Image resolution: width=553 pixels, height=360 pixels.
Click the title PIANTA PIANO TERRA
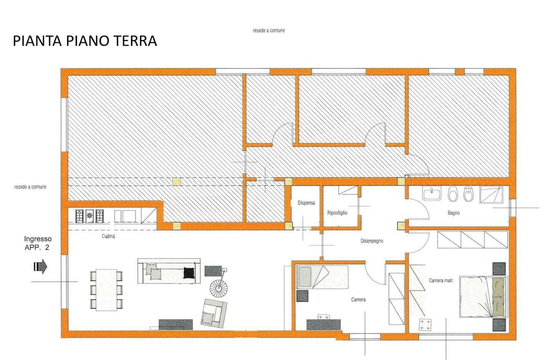click(85, 41)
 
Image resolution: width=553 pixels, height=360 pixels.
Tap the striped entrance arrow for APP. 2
click(40, 266)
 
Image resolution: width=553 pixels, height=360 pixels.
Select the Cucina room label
click(108, 236)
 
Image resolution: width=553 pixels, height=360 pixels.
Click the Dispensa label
click(306, 203)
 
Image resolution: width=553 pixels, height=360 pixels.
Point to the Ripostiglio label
click(337, 213)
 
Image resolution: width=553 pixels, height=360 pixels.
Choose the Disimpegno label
click(372, 241)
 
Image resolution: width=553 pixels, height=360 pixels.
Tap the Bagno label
click(454, 213)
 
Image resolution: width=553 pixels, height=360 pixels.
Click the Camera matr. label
click(441, 281)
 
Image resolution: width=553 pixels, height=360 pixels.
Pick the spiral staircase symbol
click(219, 288)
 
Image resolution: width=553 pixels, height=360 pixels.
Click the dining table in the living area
click(106, 290)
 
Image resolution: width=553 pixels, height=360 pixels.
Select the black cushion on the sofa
click(189, 273)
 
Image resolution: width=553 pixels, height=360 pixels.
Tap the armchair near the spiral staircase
click(214, 313)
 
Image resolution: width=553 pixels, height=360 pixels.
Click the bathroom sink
click(432, 193)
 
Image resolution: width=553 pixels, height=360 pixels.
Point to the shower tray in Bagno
click(491, 195)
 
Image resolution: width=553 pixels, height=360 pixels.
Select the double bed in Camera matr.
click(483, 297)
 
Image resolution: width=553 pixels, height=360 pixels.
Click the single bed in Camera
click(322, 277)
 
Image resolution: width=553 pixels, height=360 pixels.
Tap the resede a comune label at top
click(268, 31)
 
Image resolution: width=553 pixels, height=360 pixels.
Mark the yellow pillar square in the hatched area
click(177, 182)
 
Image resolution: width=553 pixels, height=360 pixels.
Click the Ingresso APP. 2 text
click(38, 243)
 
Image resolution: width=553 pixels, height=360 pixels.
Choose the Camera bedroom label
click(358, 299)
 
